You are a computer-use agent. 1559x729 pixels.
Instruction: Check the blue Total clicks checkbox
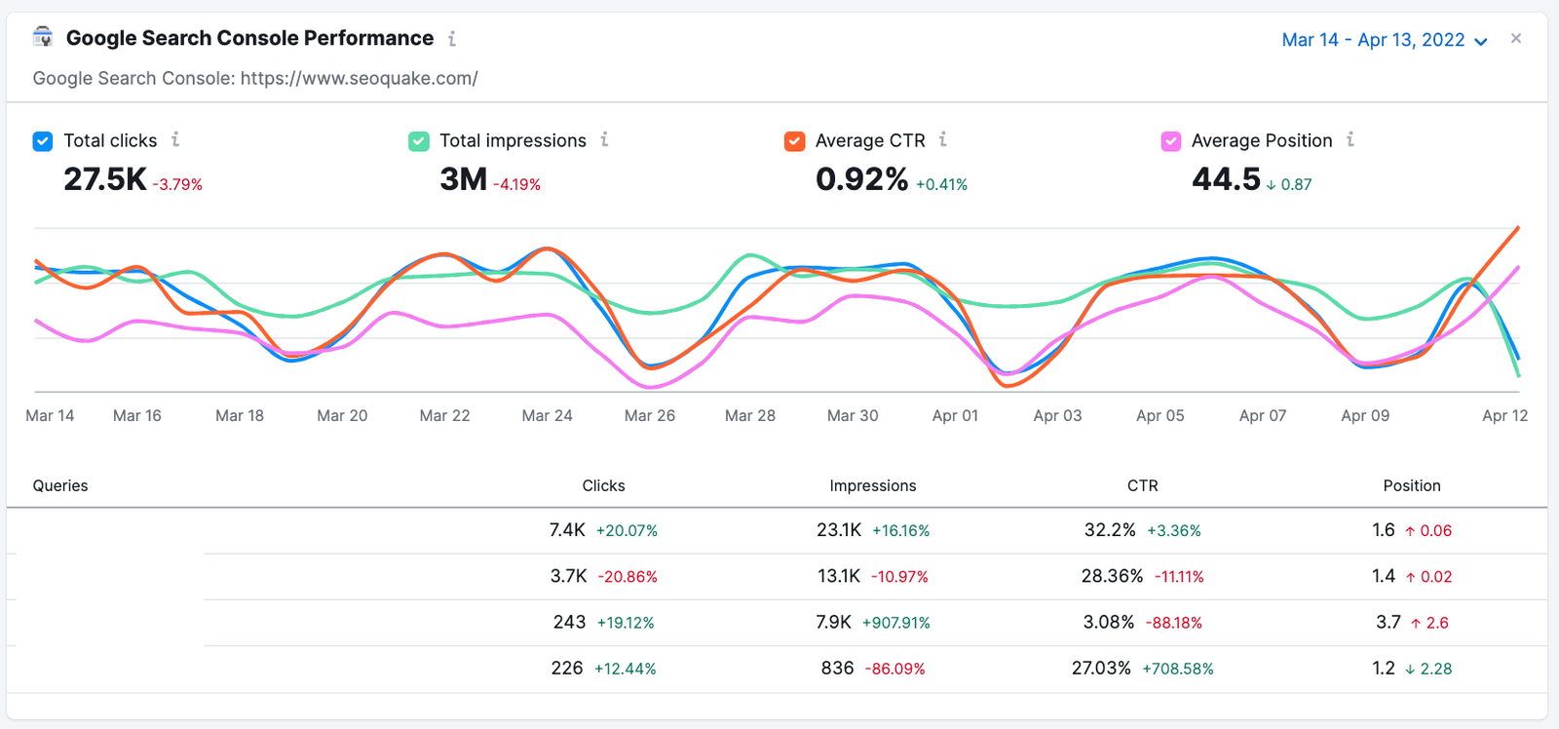click(x=43, y=141)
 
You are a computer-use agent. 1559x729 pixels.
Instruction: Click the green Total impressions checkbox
click(x=419, y=141)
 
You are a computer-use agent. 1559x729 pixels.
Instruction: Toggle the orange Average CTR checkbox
click(x=795, y=141)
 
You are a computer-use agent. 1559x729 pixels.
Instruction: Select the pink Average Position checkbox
click(x=1171, y=141)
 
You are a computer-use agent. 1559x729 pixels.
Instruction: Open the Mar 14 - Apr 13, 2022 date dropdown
click(x=1384, y=40)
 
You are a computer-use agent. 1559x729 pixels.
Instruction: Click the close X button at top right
click(x=1516, y=39)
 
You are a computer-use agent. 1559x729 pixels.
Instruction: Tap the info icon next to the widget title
click(x=452, y=39)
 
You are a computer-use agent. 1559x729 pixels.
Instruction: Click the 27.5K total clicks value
click(x=104, y=179)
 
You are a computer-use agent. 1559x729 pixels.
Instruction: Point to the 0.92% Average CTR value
click(x=861, y=179)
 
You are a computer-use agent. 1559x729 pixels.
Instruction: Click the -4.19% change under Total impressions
click(x=516, y=184)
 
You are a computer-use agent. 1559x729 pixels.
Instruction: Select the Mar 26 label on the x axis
click(x=649, y=415)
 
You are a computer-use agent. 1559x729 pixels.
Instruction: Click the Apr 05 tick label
click(x=1160, y=415)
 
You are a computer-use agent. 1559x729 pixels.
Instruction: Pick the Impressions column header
click(x=872, y=485)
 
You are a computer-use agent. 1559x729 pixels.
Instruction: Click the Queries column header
click(x=60, y=485)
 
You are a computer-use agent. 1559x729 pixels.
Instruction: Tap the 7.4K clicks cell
click(x=567, y=530)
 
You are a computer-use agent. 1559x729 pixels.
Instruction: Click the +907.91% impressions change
click(x=895, y=623)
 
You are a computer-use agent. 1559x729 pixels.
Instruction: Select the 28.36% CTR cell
click(x=1112, y=576)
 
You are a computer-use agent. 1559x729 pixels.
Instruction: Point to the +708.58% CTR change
click(x=1177, y=669)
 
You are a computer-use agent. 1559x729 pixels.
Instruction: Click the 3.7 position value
click(x=1388, y=622)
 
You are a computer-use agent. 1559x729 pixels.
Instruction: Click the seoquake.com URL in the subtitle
click(x=359, y=78)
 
